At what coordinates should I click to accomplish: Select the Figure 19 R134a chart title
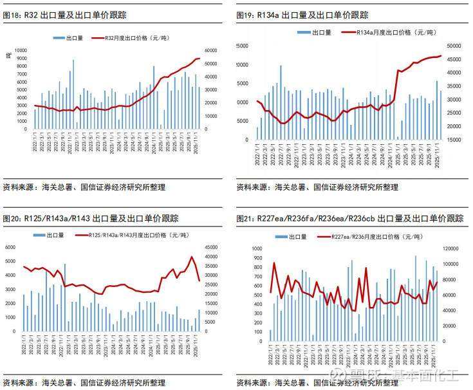(302, 15)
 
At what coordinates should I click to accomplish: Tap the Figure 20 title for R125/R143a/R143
(91, 219)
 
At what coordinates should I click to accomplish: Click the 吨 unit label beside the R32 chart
(8, 55)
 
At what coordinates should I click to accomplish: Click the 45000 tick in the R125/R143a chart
(210, 247)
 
